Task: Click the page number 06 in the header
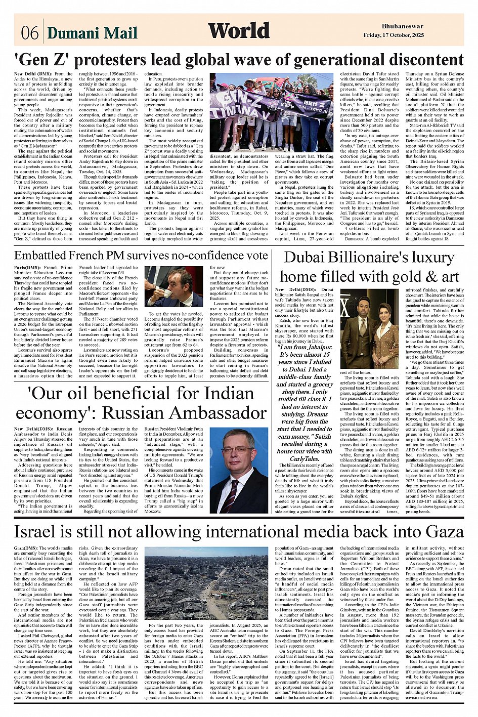click(30, 33)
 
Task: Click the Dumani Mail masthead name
click(92, 33)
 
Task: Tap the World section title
click(239, 31)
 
